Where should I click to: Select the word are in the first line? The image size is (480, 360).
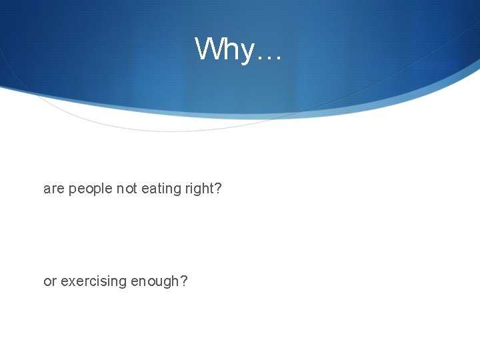click(x=53, y=189)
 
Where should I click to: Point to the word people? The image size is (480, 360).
click(x=90, y=190)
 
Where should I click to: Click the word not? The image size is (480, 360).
click(x=127, y=189)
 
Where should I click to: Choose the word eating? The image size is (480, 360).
click(x=160, y=190)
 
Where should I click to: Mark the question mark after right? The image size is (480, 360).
click(x=218, y=189)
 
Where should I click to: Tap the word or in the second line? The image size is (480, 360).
click(x=50, y=282)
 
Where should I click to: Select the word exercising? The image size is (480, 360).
click(x=93, y=282)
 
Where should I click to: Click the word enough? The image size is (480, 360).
click(x=155, y=282)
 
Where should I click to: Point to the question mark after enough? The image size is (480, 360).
click(x=184, y=281)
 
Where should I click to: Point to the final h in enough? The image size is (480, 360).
click(x=175, y=281)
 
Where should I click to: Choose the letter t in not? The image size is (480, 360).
click(x=134, y=189)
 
